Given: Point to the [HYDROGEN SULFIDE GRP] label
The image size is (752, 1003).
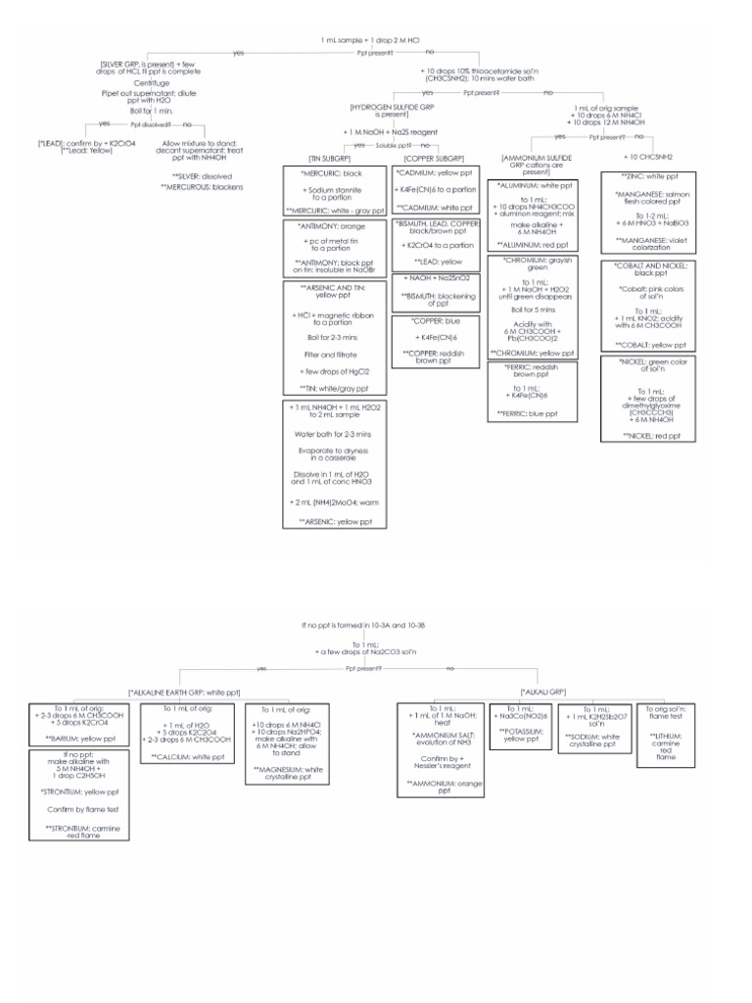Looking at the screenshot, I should [389, 110].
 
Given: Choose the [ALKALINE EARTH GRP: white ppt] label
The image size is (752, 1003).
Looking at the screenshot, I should [183, 693].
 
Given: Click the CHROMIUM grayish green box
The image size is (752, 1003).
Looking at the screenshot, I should [537, 307].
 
